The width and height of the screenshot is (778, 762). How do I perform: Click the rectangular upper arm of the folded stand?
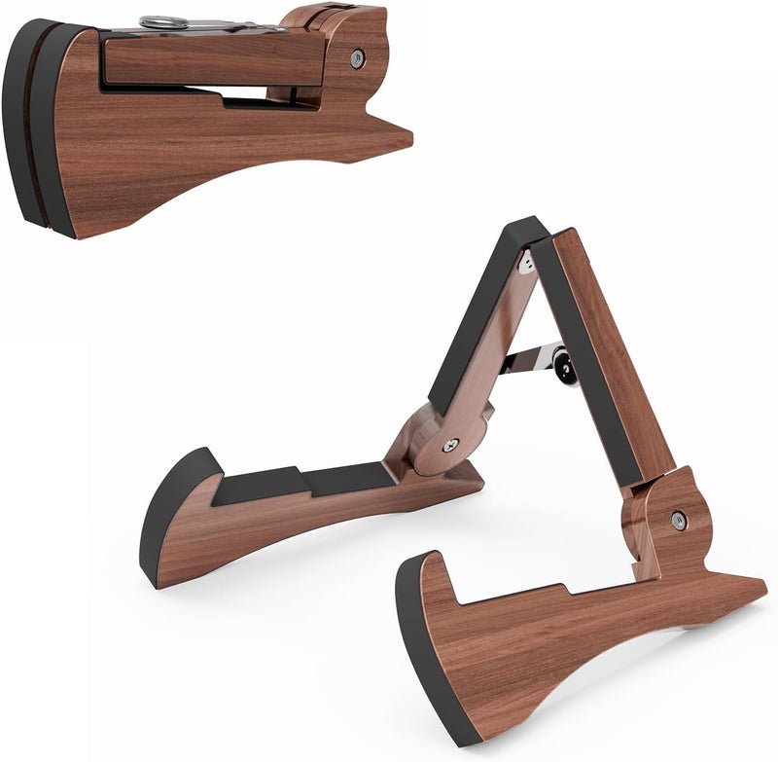tap(214, 60)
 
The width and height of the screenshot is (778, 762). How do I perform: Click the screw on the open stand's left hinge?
tap(449, 445)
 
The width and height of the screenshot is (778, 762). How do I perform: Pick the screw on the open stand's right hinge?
tap(679, 521)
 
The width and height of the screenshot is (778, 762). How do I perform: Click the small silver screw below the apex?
tap(528, 263)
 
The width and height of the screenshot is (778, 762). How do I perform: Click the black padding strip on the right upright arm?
tap(583, 360)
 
